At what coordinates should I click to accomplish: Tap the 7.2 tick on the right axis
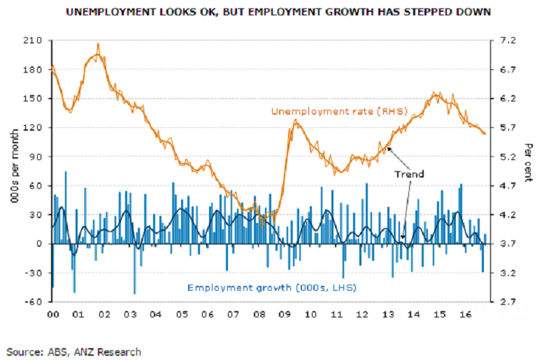tap(506, 41)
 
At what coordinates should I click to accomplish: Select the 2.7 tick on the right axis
tap(506, 302)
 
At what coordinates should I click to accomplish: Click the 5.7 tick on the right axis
tap(506, 127)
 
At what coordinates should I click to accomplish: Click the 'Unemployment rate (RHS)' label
tap(326, 112)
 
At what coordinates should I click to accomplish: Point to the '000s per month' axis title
tap(13, 171)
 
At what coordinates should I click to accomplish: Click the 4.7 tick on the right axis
tap(506, 186)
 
